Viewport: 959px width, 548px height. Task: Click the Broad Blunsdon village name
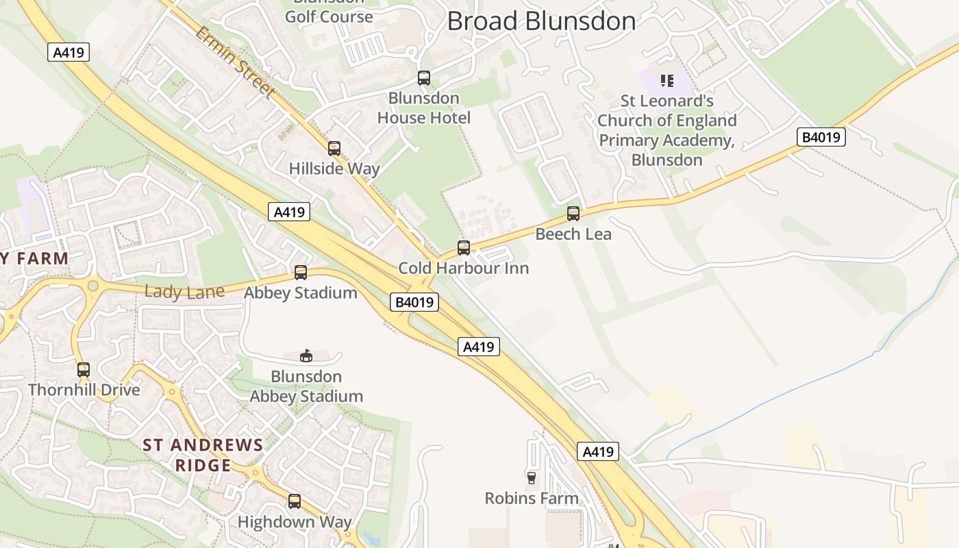click(541, 21)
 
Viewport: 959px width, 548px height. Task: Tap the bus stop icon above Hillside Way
click(334, 148)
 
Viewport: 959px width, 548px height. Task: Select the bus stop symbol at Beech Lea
click(573, 214)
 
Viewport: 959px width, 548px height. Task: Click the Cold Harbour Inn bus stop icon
click(464, 247)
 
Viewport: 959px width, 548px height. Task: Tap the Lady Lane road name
click(184, 292)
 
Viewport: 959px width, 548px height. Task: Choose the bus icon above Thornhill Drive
click(84, 370)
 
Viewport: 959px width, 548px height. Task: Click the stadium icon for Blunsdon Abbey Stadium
click(306, 356)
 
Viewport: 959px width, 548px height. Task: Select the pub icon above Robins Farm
click(531, 477)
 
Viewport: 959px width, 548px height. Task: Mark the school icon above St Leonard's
click(667, 81)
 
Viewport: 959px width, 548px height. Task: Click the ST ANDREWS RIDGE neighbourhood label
click(203, 455)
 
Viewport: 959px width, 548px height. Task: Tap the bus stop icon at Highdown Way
click(295, 501)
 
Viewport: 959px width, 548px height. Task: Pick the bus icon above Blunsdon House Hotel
click(424, 78)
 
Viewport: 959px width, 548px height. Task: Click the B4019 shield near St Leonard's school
click(821, 137)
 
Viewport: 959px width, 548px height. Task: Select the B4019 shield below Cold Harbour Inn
click(414, 302)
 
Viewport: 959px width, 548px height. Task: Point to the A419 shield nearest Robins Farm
click(598, 451)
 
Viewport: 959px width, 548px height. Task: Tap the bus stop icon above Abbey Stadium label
click(301, 273)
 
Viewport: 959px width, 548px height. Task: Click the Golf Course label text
click(329, 16)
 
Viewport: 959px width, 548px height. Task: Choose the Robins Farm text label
click(532, 498)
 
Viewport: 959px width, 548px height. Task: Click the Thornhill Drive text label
click(84, 390)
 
